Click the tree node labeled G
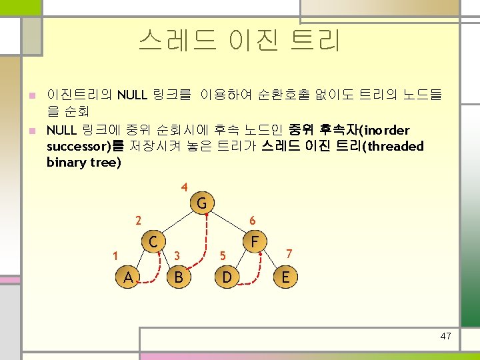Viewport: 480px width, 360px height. [x=201, y=203]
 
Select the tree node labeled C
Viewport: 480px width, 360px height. [x=153, y=240]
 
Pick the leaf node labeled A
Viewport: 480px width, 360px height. [x=127, y=277]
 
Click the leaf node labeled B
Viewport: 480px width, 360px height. [x=178, y=277]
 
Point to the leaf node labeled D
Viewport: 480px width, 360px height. [x=227, y=277]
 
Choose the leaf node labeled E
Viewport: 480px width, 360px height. [x=285, y=277]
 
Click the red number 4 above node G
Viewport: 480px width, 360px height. [x=184, y=187]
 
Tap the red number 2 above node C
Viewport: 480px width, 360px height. [x=137, y=219]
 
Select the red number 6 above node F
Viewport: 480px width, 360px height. [x=252, y=220]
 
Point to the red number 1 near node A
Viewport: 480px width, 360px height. [x=115, y=255]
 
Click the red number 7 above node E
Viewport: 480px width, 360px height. [x=289, y=253]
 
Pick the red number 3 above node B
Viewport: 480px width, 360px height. [x=177, y=255]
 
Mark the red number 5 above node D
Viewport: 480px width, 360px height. [x=223, y=255]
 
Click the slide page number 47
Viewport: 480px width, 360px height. [x=446, y=336]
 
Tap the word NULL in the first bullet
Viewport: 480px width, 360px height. [x=132, y=95]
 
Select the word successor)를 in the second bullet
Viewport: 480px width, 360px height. [x=84, y=146]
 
